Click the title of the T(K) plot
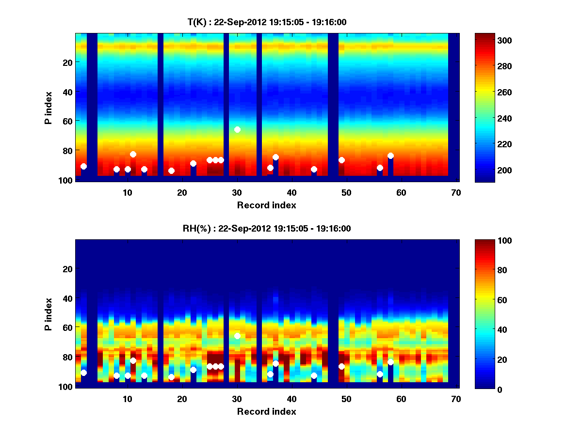click(x=267, y=22)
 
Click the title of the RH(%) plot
click(x=267, y=229)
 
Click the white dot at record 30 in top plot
click(x=237, y=129)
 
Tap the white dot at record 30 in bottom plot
click(x=237, y=336)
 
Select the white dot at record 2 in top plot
click(x=83, y=166)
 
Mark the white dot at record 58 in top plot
click(x=390, y=156)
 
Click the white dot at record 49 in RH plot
click(x=341, y=366)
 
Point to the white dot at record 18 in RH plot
click(x=171, y=377)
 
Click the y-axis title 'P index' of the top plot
click(x=48, y=108)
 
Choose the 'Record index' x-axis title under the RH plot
click(x=267, y=411)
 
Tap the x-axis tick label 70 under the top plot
click(x=456, y=192)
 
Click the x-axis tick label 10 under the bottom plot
click(x=127, y=399)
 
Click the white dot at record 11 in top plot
click(x=133, y=154)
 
